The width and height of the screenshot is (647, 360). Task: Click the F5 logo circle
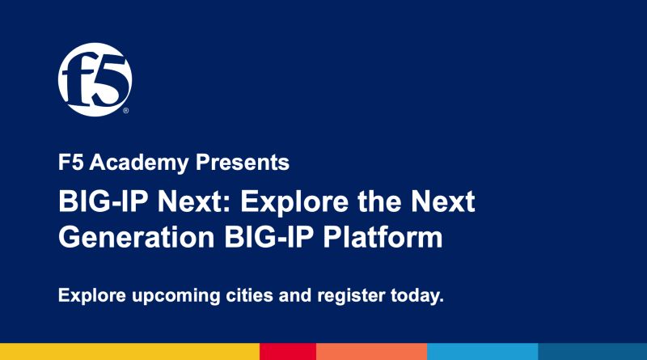pyautogui.click(x=95, y=79)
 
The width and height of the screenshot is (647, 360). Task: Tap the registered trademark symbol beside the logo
pyautogui.click(x=126, y=111)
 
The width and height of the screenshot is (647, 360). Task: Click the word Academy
pyautogui.click(x=139, y=163)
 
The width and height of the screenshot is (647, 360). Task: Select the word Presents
pyautogui.click(x=242, y=163)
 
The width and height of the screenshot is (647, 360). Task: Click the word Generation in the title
pyautogui.click(x=136, y=236)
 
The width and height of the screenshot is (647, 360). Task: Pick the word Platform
pyautogui.click(x=383, y=236)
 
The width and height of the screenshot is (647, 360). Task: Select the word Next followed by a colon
pyautogui.click(x=194, y=201)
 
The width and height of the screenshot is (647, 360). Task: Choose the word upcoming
pyautogui.click(x=176, y=296)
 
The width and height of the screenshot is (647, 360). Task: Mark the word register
pyautogui.click(x=351, y=296)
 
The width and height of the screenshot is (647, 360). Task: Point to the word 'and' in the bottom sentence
pyautogui.click(x=295, y=295)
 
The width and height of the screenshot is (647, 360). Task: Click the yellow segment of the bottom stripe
pyautogui.click(x=129, y=351)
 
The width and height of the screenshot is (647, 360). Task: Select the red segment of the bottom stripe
pyautogui.click(x=288, y=351)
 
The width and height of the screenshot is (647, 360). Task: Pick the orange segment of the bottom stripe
pyautogui.click(x=372, y=351)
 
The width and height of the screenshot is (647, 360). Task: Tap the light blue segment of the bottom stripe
pyautogui.click(x=482, y=351)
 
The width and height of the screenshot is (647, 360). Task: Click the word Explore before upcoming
pyautogui.click(x=92, y=296)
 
